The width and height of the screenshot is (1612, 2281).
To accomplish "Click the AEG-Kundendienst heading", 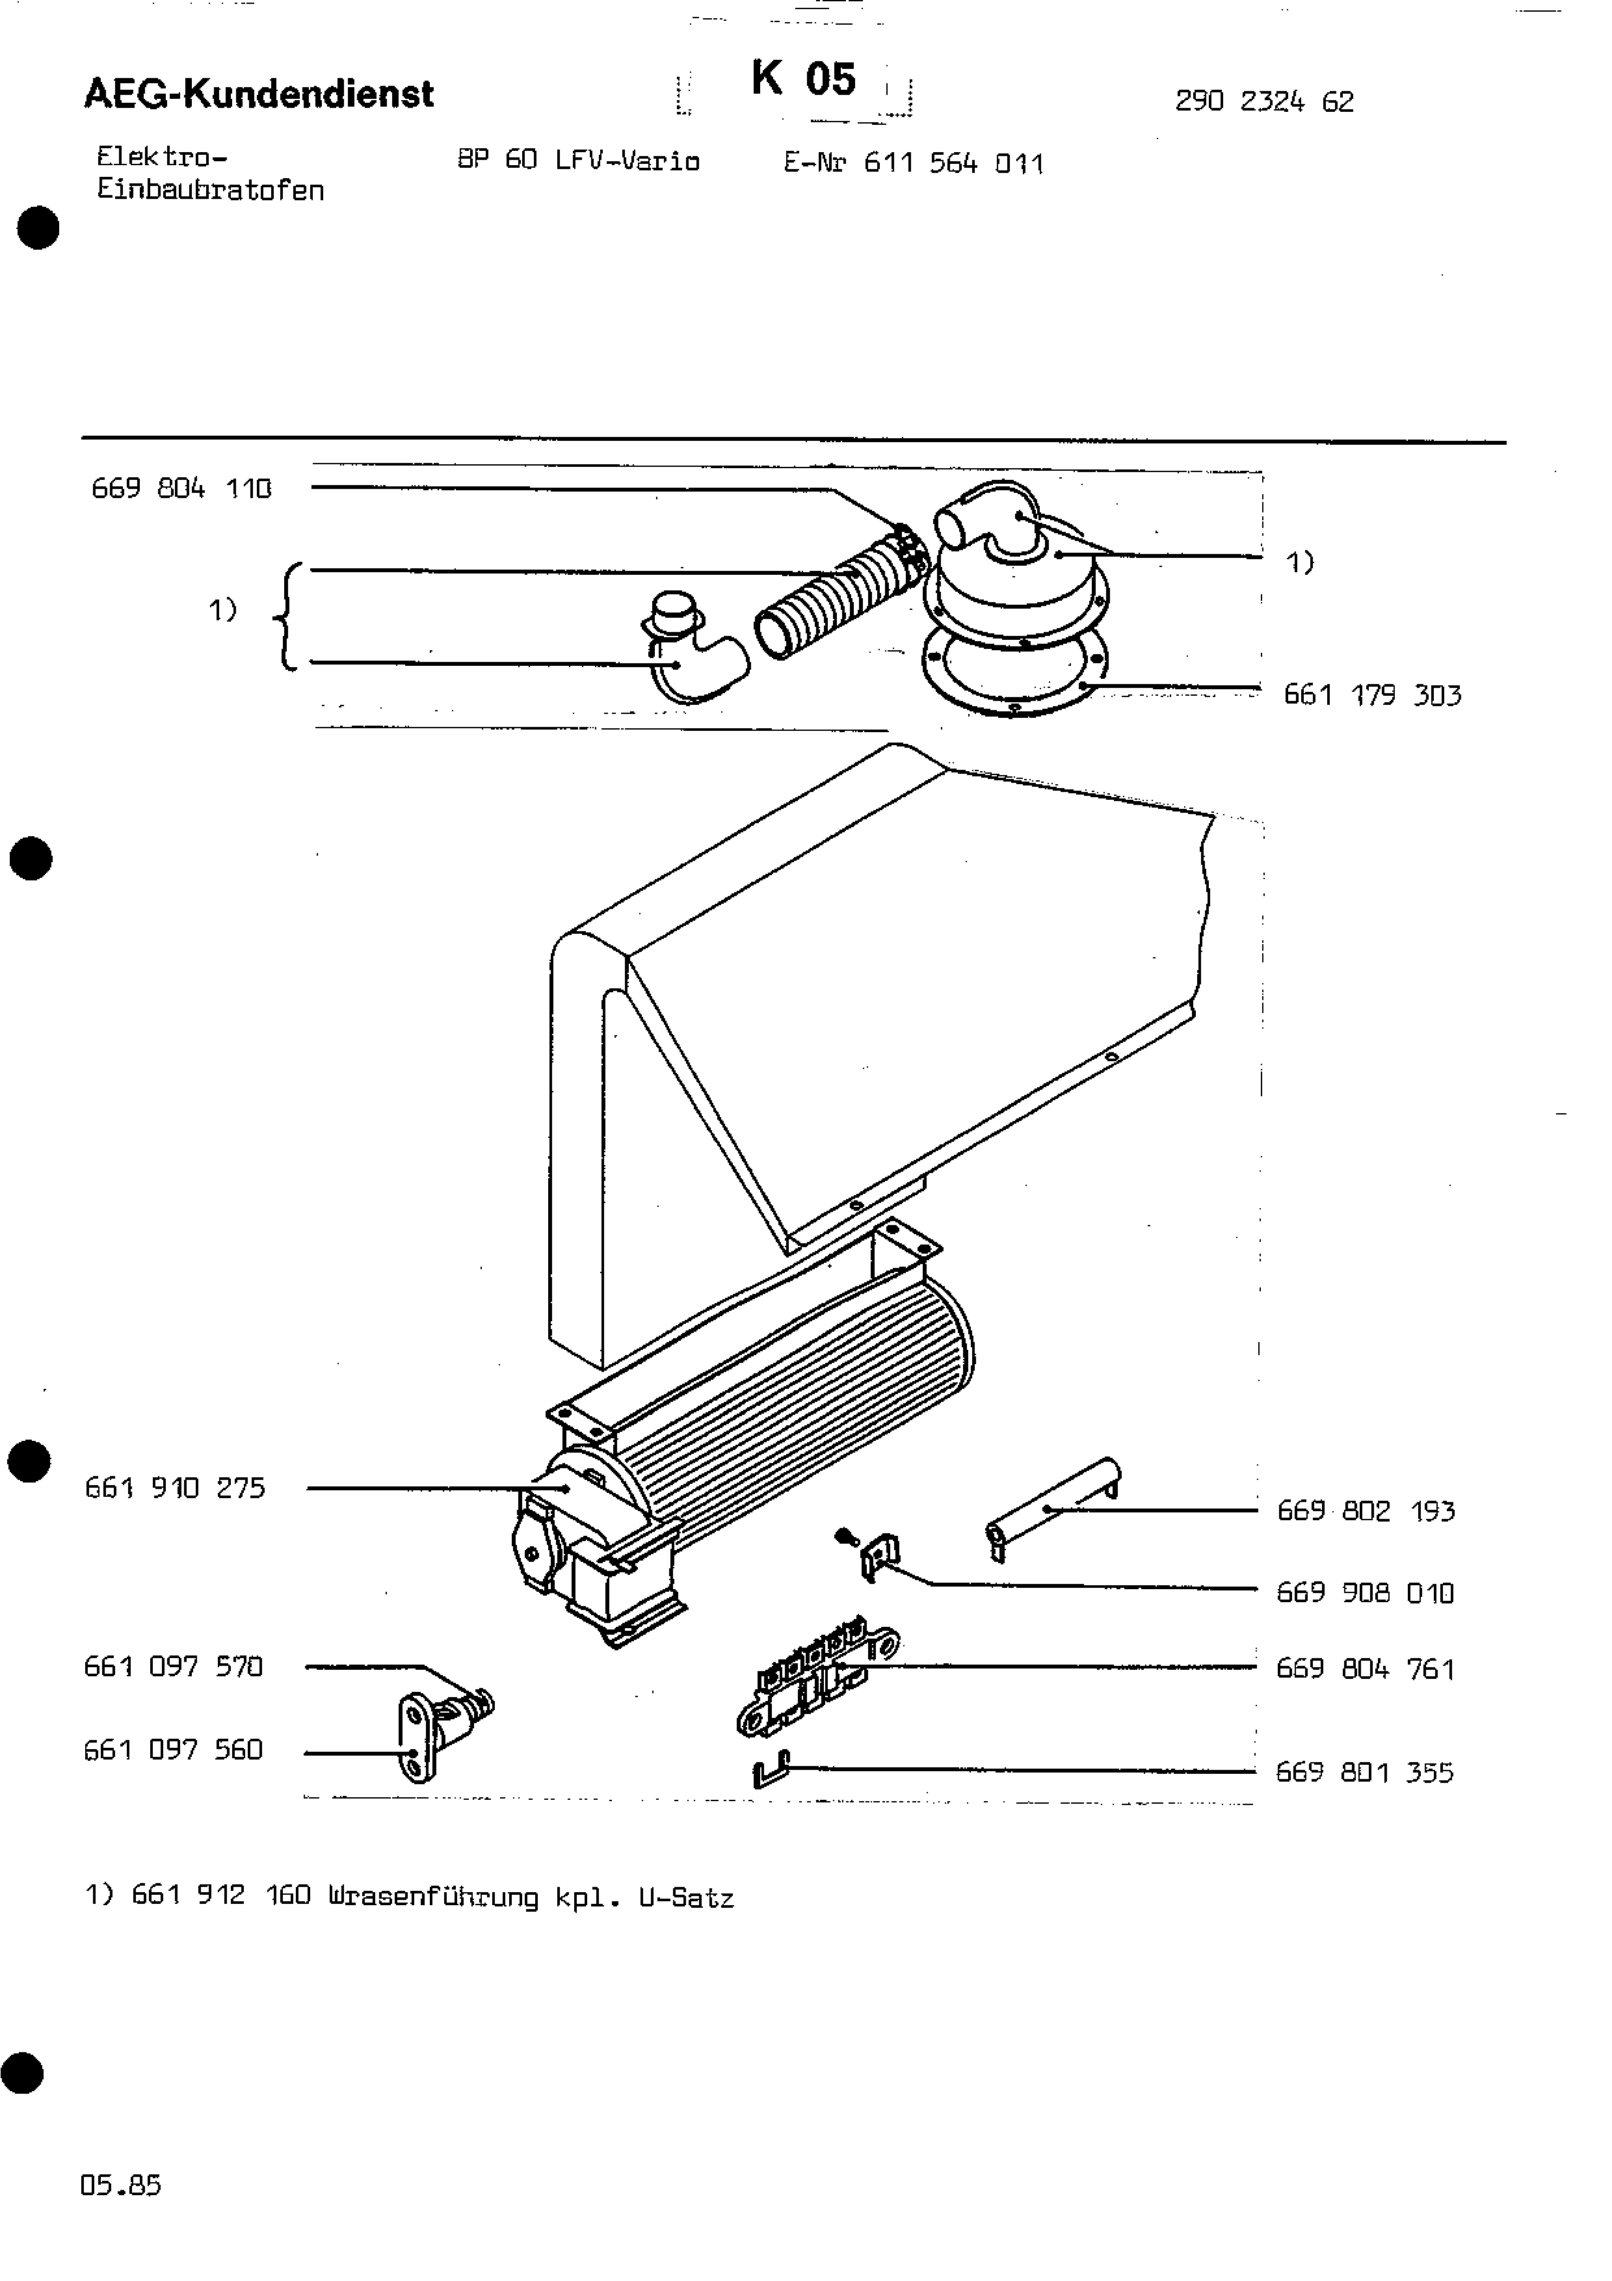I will [x=259, y=94].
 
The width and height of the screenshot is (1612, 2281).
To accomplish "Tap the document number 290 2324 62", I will [x=1263, y=101].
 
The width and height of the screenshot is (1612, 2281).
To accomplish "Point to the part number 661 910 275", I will [x=175, y=1487].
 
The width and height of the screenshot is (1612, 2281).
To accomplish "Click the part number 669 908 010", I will [x=1365, y=1592].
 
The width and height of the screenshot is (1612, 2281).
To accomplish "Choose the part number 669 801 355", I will [x=1364, y=1773].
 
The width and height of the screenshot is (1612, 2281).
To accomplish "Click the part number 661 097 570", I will [x=173, y=1666].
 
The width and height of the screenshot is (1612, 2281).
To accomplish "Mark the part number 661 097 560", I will [x=173, y=1750].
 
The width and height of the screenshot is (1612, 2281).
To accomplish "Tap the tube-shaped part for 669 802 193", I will [x=1053, y=1506].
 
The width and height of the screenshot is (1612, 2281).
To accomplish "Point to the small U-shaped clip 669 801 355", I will [x=771, y=1771].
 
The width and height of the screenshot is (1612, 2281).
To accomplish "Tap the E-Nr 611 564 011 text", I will [x=913, y=163].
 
